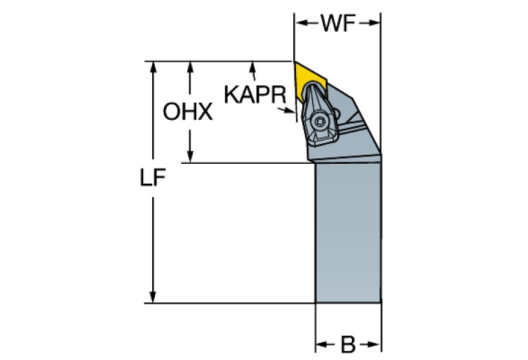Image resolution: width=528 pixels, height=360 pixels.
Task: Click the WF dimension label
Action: (x=337, y=24)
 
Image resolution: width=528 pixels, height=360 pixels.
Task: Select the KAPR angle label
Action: (x=253, y=94)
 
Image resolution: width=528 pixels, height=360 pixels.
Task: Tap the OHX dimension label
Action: (x=188, y=112)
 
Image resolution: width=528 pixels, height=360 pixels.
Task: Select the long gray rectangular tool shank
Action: (x=348, y=234)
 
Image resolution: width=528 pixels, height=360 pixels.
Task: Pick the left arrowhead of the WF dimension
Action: (x=299, y=23)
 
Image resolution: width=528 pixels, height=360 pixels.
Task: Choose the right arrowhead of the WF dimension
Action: (x=377, y=23)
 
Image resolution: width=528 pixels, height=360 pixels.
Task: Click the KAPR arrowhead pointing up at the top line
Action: (x=254, y=67)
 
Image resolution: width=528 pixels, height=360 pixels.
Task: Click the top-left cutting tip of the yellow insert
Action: (x=296, y=63)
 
